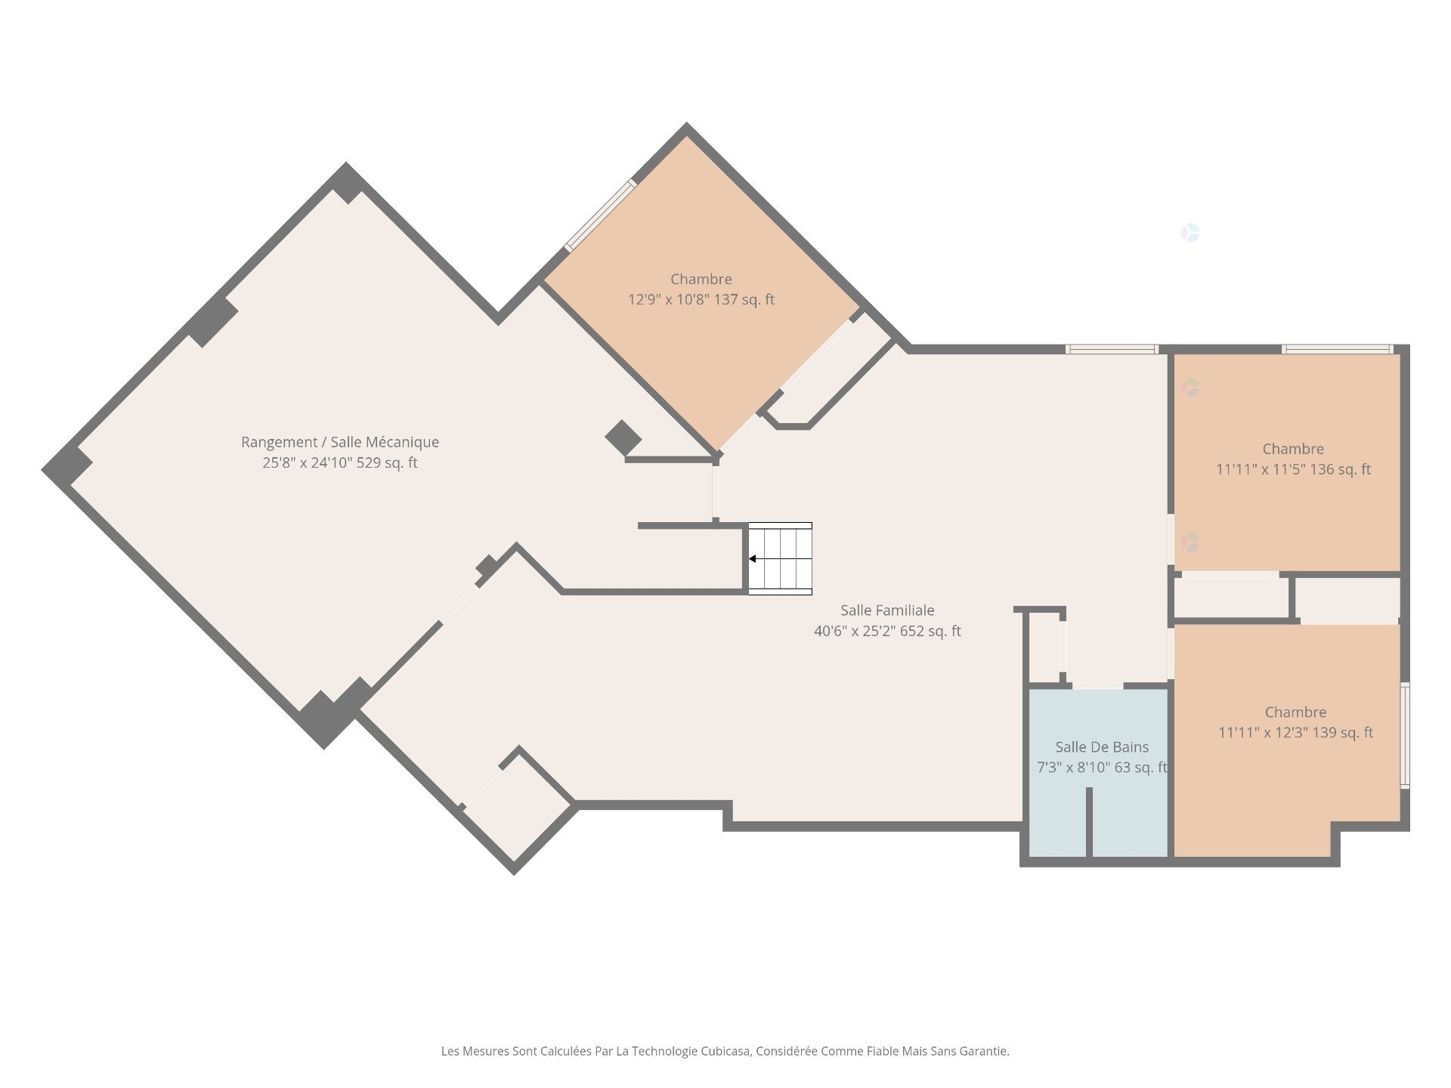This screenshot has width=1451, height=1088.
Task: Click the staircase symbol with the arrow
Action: [x=781, y=558]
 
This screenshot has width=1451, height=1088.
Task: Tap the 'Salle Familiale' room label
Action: [x=887, y=610]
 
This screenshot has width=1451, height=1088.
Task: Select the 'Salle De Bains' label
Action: [x=1102, y=747]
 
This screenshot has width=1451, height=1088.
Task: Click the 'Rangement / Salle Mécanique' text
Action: [x=340, y=442]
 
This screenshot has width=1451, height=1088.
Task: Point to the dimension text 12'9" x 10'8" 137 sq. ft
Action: [x=701, y=300]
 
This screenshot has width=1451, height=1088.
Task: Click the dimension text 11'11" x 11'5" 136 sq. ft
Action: [x=1293, y=469]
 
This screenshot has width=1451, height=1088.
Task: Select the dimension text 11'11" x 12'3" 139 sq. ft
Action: [x=1295, y=733]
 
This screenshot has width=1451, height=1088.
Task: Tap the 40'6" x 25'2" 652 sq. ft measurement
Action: [x=887, y=631]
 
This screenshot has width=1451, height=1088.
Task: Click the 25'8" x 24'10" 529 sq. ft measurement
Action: [x=340, y=462]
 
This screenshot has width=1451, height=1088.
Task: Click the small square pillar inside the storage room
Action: [x=623, y=437]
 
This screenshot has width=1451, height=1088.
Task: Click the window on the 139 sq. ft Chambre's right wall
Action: [x=1404, y=735]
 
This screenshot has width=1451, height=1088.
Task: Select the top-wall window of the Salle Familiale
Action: [x=1111, y=349]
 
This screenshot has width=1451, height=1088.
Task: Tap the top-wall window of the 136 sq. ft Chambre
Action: [x=1337, y=349]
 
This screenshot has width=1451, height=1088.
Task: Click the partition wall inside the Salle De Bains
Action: [x=1089, y=822]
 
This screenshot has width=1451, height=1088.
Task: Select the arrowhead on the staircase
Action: [x=753, y=559]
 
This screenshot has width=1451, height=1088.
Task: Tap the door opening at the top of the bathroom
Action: [x=1097, y=685]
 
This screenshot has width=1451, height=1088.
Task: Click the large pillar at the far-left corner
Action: [x=66, y=466]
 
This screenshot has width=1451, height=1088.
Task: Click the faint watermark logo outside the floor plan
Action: [x=1190, y=233]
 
